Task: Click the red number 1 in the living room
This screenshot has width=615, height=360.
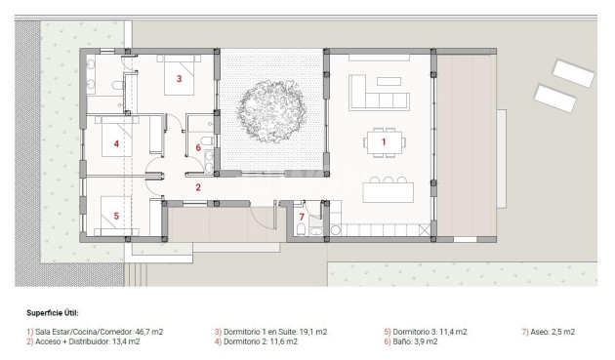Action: click(x=384, y=142)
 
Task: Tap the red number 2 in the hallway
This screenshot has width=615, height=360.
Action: click(x=197, y=187)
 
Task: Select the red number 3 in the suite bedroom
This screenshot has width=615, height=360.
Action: click(x=179, y=77)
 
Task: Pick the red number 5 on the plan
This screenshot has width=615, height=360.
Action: click(x=116, y=216)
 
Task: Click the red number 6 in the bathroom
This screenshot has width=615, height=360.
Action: click(x=198, y=148)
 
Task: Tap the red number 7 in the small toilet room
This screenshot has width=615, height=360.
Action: click(x=302, y=217)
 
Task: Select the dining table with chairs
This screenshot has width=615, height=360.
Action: click(x=383, y=142)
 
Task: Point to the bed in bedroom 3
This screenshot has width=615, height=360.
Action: click(x=185, y=77)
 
